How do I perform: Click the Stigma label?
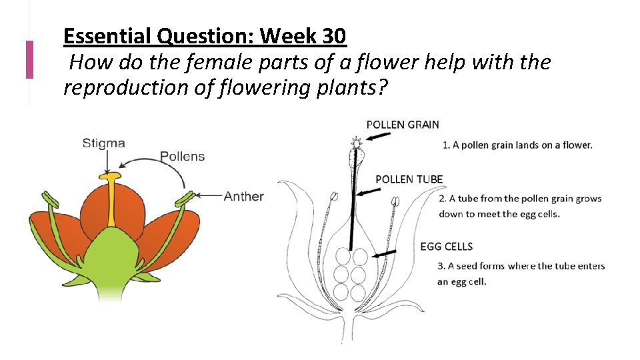(103, 143)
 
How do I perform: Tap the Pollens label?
(182, 157)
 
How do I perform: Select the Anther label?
(243, 196)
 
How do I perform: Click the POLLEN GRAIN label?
(403, 125)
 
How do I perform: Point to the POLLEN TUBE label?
(409, 179)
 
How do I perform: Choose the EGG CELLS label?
(446, 247)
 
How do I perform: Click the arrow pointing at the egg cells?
(385, 253)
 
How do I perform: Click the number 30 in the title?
(332, 36)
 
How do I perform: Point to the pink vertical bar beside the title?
(29, 59)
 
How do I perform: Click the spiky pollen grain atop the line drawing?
(356, 142)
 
